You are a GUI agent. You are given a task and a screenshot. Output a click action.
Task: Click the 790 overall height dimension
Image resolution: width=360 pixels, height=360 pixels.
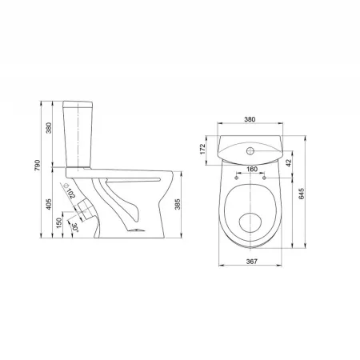(37, 166)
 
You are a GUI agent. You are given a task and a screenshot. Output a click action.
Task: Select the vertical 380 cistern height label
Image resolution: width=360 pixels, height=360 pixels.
(49, 128)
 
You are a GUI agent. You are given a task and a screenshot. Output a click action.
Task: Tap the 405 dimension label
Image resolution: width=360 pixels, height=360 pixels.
(49, 204)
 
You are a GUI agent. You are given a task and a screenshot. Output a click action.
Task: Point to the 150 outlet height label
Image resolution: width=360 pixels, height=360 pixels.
(59, 223)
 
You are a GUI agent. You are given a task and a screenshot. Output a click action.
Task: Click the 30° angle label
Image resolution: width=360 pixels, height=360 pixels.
(75, 227)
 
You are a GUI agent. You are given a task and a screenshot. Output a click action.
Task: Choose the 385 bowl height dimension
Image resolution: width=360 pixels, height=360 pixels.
(178, 204)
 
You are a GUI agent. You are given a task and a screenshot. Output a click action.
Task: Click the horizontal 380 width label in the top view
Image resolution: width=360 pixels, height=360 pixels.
(250, 119)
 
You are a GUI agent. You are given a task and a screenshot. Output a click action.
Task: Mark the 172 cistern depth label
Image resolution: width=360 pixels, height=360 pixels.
(202, 149)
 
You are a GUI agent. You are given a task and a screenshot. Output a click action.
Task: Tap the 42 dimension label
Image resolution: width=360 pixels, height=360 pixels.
(288, 163)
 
